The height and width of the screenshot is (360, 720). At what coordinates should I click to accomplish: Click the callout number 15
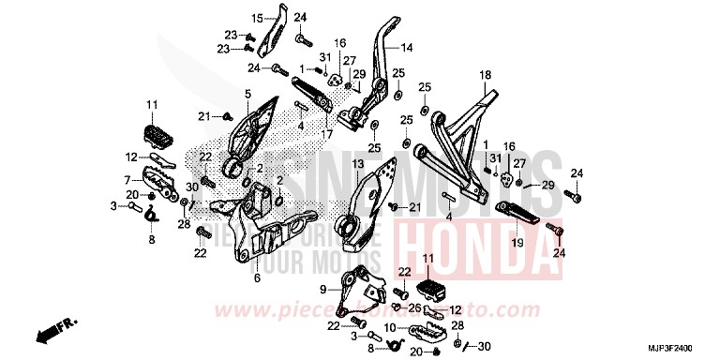257,19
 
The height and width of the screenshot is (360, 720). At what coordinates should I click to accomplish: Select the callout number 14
407,47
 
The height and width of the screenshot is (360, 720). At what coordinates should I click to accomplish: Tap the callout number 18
485,75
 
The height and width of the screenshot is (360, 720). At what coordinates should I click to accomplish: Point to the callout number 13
357,164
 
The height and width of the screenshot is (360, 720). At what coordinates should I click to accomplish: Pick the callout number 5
248,94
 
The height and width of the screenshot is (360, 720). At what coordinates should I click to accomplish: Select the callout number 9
322,288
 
